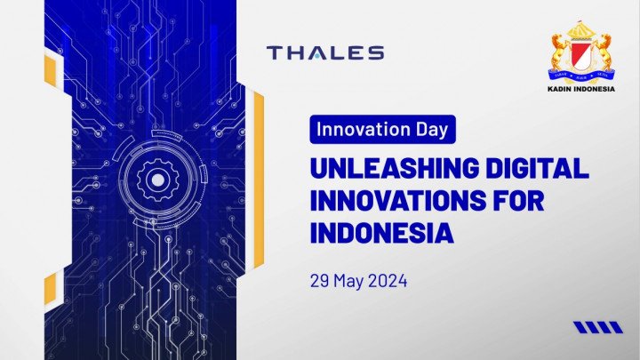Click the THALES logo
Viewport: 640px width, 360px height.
coord(325,52)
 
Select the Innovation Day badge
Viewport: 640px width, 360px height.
coord(383,130)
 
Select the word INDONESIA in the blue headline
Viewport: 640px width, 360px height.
coord(382,233)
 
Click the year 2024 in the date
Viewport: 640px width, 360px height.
coord(389,281)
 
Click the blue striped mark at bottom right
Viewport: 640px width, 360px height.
coord(597,327)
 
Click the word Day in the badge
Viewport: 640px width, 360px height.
coord(431,130)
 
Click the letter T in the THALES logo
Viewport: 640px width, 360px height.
coord(275,52)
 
